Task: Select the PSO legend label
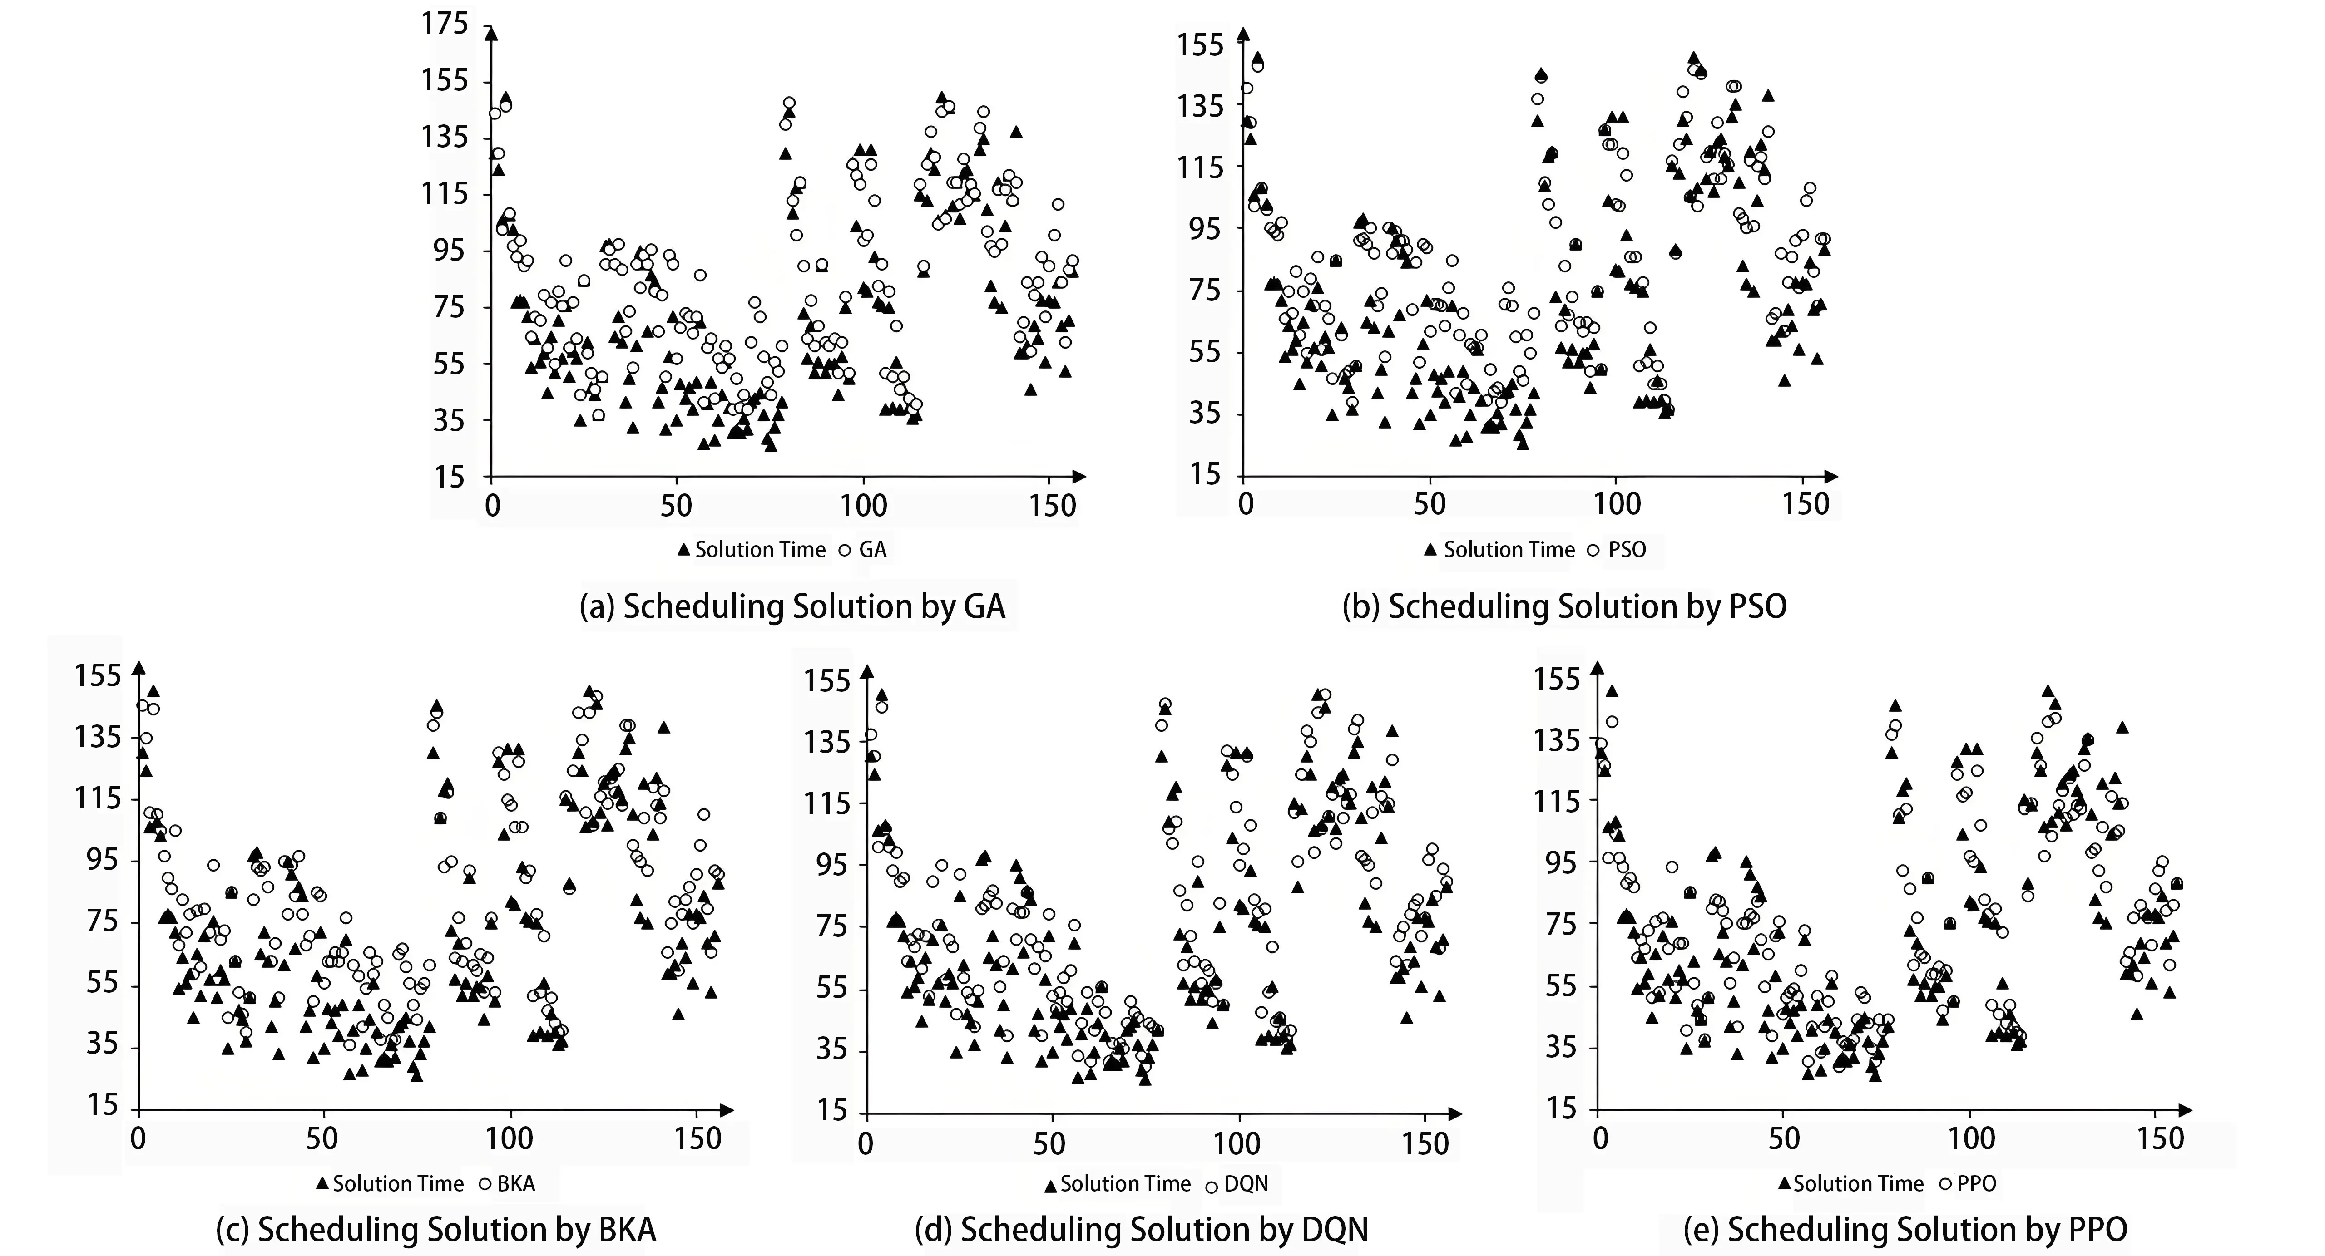(1627, 550)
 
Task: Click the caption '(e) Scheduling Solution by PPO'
(1905, 1229)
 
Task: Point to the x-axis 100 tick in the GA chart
(864, 505)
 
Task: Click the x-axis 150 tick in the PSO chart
(1805, 503)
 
